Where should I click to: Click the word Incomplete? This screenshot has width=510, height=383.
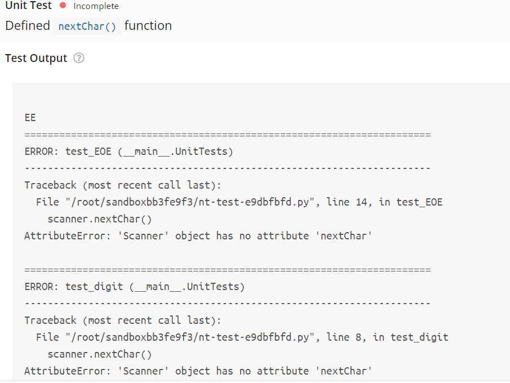click(96, 6)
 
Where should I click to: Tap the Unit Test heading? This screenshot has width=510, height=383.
click(28, 6)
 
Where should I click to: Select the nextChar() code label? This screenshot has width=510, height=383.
click(87, 26)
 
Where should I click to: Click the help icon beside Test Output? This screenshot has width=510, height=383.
click(79, 58)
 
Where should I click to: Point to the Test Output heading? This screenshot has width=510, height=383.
click(36, 58)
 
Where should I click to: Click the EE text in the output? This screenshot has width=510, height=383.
click(30, 118)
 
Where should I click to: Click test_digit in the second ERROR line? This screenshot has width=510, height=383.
click(94, 287)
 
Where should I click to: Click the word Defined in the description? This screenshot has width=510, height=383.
click(28, 26)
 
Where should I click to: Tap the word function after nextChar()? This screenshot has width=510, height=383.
click(148, 26)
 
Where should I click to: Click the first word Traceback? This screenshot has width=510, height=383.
click(51, 185)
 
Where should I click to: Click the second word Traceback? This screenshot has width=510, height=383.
click(51, 320)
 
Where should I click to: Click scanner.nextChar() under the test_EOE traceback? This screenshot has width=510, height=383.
click(100, 219)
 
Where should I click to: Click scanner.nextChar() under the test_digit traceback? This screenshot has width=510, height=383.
click(100, 354)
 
